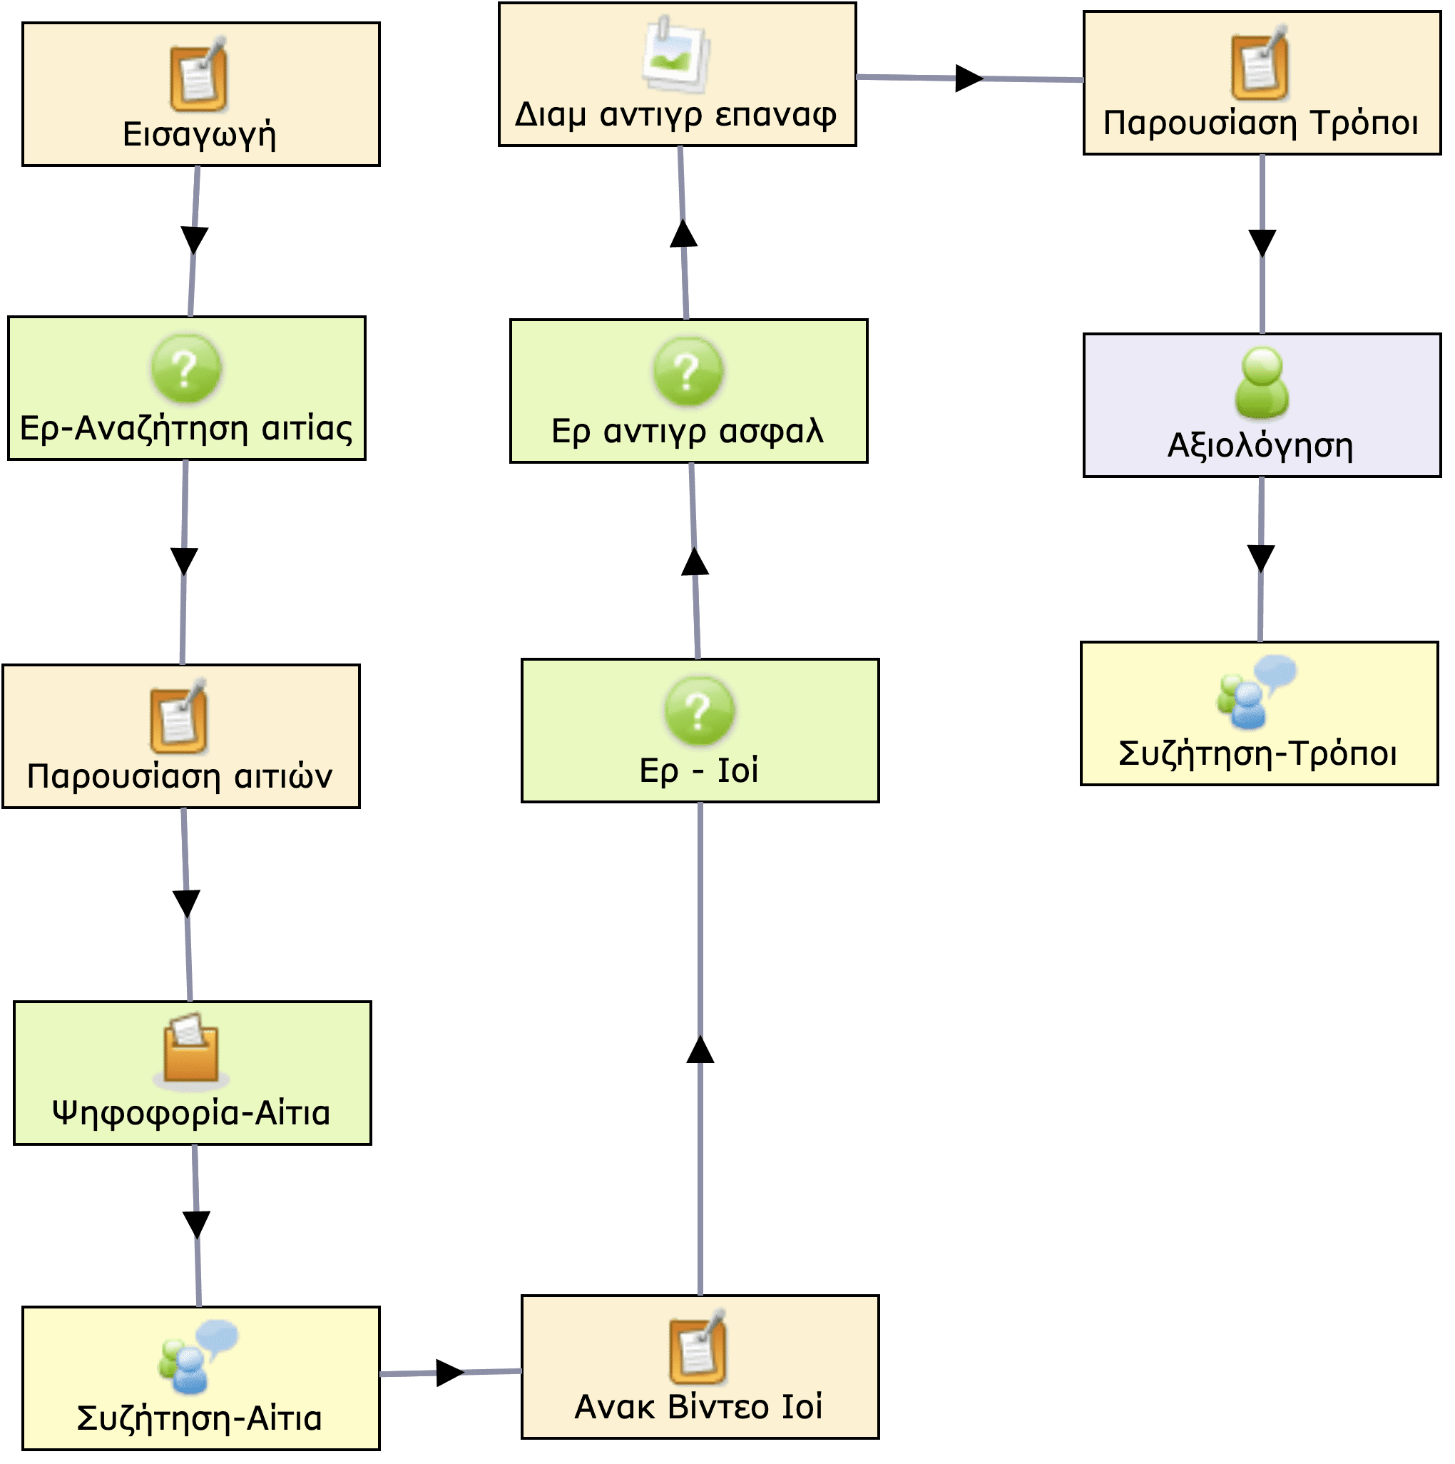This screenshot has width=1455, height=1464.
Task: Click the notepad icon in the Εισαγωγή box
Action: (x=198, y=78)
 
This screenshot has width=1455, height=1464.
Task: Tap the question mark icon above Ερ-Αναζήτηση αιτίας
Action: (x=186, y=369)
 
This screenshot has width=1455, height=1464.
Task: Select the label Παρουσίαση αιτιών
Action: (x=180, y=777)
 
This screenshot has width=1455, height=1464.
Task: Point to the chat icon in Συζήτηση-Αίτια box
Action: (x=198, y=1357)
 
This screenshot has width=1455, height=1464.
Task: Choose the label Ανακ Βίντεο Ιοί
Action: (x=698, y=1407)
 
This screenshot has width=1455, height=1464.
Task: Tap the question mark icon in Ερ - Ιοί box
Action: (x=699, y=711)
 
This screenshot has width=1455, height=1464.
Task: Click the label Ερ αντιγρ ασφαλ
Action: (x=687, y=431)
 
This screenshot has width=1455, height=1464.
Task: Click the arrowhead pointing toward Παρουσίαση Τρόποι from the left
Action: (x=969, y=78)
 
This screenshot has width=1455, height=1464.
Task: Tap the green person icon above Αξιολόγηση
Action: (x=1261, y=382)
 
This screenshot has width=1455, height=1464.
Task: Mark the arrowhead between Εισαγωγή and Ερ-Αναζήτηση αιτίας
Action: (x=195, y=240)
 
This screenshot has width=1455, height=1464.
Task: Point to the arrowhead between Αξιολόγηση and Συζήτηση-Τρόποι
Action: (x=1261, y=559)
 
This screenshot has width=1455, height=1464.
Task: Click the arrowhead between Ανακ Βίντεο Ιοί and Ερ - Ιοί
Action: (x=700, y=1049)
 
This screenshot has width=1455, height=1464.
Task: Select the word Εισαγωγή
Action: (x=199, y=135)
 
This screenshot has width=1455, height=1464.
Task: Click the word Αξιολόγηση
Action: (x=1260, y=446)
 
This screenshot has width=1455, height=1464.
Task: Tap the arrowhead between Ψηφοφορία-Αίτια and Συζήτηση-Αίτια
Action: (x=197, y=1224)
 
